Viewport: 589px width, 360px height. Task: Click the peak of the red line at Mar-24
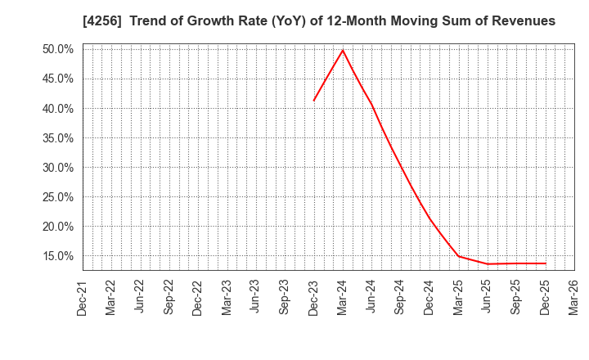(x=343, y=50)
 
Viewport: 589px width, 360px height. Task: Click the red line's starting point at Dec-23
(x=314, y=101)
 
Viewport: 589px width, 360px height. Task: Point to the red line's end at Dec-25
(x=546, y=263)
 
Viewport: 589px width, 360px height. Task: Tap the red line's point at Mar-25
(x=459, y=256)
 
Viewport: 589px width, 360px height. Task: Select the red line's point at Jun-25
(x=488, y=263)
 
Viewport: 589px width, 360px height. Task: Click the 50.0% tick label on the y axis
(x=57, y=49)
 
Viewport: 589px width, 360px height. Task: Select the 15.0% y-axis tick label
(x=57, y=256)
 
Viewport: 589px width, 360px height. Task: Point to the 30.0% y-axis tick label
(x=57, y=168)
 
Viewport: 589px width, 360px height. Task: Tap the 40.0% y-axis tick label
(x=57, y=109)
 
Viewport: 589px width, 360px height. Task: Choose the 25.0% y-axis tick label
(x=57, y=197)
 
